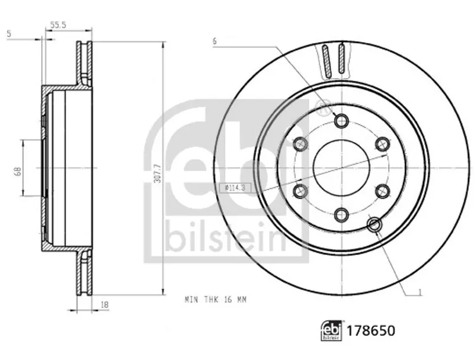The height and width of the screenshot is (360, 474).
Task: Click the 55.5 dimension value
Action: (x=58, y=25)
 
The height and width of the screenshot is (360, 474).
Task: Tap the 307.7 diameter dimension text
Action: (x=157, y=173)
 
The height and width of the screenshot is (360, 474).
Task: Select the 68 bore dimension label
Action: (x=18, y=172)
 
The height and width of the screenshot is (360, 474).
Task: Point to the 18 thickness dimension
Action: (x=104, y=305)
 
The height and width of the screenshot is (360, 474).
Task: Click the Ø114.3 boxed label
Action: (x=235, y=188)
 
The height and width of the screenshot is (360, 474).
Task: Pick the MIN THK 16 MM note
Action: (x=216, y=300)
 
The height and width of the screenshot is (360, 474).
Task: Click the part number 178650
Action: (x=371, y=331)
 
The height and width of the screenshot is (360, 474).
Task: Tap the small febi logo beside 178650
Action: (x=332, y=330)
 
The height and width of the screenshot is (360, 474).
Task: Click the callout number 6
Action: (x=214, y=41)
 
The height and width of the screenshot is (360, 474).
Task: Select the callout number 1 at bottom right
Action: (x=419, y=292)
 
